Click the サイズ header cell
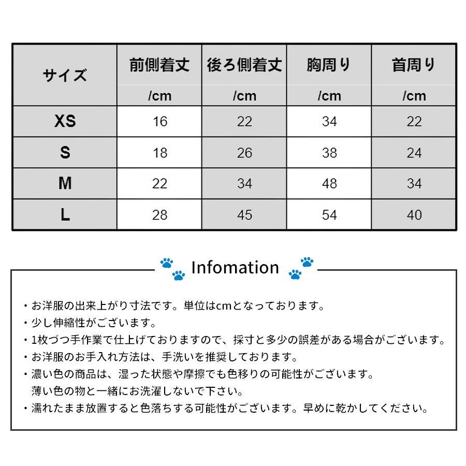tap(65, 76)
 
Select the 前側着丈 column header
tap(159, 65)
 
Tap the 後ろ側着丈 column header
tap(244, 65)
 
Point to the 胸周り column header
tap(329, 65)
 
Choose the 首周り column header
tap(414, 65)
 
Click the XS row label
tap(65, 122)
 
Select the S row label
tap(65, 153)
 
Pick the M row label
tap(65, 184)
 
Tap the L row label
tap(65, 215)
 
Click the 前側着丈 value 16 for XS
tap(160, 122)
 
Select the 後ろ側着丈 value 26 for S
tap(244, 153)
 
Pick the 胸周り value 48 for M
tap(329, 184)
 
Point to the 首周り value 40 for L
tap(414, 215)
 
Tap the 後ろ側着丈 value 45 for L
tap(244, 215)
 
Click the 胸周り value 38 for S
tap(329, 153)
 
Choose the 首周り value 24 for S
tap(414, 153)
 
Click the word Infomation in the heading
tap(235, 268)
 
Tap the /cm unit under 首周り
tap(414, 96)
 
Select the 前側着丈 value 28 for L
tap(160, 215)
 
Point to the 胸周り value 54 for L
tap(329, 215)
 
